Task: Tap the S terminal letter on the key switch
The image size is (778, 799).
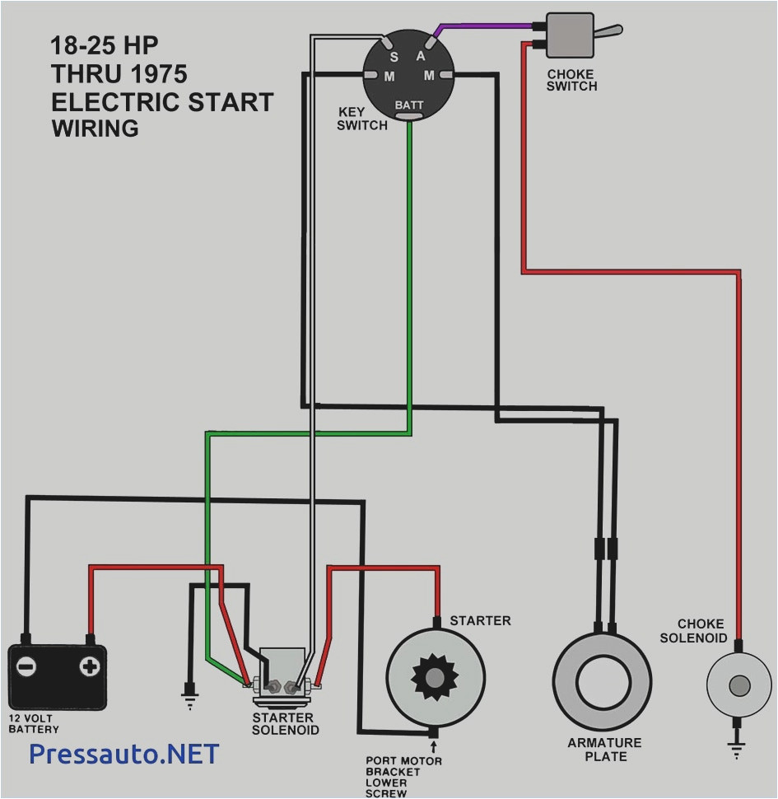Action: coord(394,57)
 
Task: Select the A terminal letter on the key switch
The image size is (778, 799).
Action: coord(420,56)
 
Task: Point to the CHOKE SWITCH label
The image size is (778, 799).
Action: coord(571,80)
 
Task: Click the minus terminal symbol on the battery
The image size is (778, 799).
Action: coord(27,666)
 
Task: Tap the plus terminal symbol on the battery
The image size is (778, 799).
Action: coord(89,666)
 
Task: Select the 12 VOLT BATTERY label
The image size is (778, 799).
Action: coord(35,723)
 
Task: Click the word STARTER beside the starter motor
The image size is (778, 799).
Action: coord(480,620)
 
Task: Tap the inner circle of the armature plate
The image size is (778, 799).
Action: coord(603,680)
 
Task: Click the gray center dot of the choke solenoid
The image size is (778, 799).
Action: coord(740,685)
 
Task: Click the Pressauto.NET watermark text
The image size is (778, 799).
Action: coord(123,753)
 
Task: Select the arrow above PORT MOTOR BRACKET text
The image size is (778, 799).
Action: coord(433,747)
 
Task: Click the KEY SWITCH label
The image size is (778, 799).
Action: coord(361,119)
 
